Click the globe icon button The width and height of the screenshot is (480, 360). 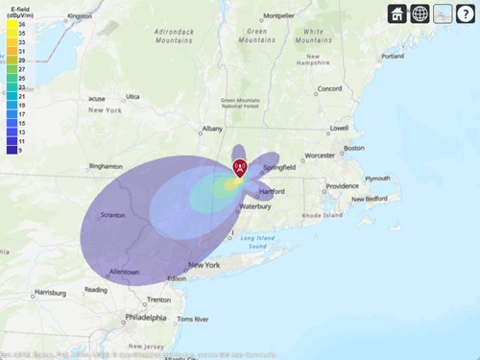pyautogui.click(x=420, y=13)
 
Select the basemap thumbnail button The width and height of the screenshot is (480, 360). pyautogui.click(x=443, y=13)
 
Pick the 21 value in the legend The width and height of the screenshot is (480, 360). pyautogui.click(x=22, y=97)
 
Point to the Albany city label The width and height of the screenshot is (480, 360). pyautogui.click(x=212, y=129)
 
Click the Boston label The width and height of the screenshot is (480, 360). pyautogui.click(x=354, y=148)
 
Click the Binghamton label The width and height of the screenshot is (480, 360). pyautogui.click(x=106, y=166)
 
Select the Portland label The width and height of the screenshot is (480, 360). pyautogui.click(x=393, y=56)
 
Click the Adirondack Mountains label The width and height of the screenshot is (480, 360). pyautogui.click(x=180, y=36)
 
